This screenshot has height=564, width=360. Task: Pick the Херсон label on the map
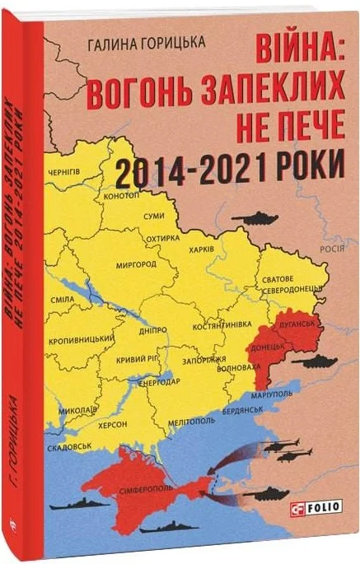[114, 422]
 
